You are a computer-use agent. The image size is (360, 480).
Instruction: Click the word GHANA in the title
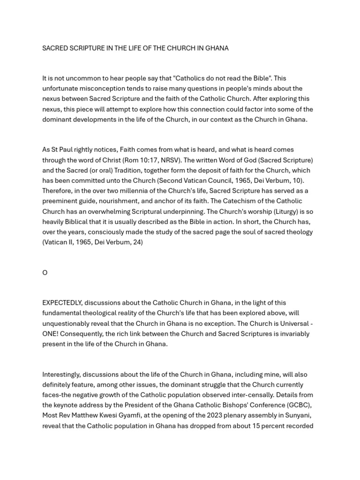(217, 48)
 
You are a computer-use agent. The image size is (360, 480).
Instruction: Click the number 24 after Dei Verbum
(137, 242)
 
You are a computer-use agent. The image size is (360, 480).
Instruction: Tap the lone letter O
(45, 273)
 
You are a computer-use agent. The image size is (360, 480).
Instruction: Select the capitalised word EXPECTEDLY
(62, 303)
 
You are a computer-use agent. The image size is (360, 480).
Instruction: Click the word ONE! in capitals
(52, 334)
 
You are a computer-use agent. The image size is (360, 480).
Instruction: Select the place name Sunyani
(299, 416)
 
